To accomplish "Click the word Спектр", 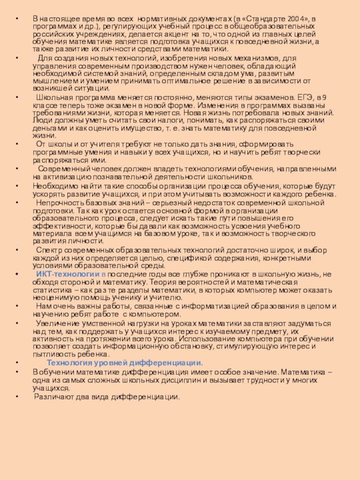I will [x=47, y=251].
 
